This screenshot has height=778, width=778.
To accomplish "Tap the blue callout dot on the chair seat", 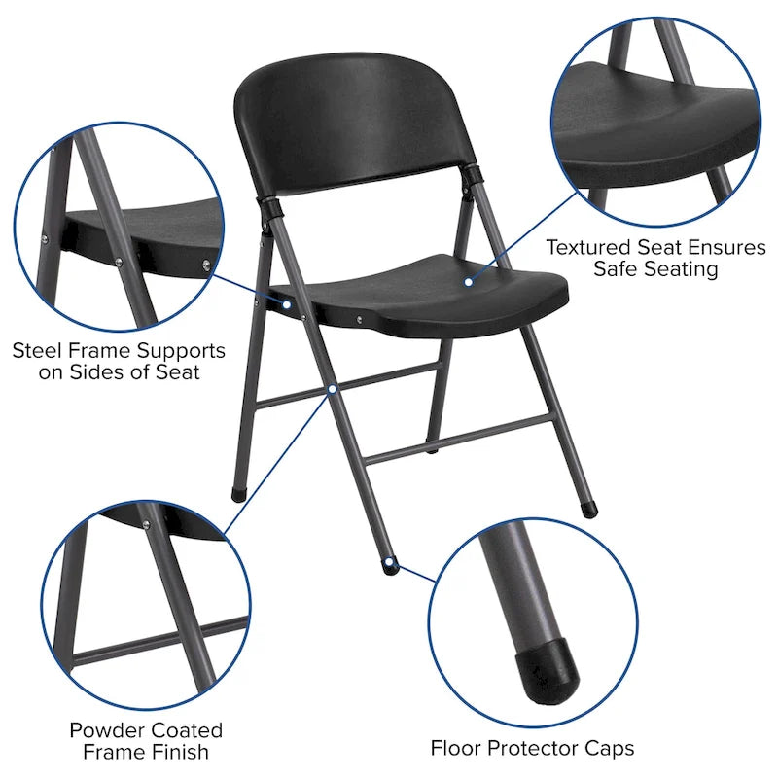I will click(468, 282).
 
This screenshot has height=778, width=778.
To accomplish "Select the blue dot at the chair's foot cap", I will click(389, 562).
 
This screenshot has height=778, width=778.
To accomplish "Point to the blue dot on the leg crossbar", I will click(333, 388).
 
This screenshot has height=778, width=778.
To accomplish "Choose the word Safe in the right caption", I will click(619, 269).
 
